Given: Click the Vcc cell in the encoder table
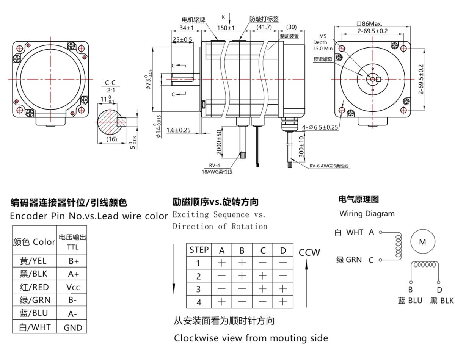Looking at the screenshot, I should click(x=73, y=287).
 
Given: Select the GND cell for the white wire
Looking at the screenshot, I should click(x=73, y=327).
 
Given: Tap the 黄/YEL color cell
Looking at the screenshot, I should click(x=35, y=261).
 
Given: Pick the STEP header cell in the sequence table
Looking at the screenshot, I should click(x=199, y=250).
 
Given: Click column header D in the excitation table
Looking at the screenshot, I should click(x=283, y=250).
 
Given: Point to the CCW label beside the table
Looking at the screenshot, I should click(x=309, y=252).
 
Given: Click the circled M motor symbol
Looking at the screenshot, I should click(x=422, y=242).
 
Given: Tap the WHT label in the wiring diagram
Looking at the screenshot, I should click(x=355, y=232).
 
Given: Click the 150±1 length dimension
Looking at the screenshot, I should click(x=226, y=28).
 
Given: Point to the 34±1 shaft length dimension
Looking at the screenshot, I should click(x=187, y=28).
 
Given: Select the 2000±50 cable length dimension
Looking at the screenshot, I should click(x=219, y=142).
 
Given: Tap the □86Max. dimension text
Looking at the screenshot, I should click(x=369, y=23).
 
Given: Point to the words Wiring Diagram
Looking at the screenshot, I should click(x=367, y=213).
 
